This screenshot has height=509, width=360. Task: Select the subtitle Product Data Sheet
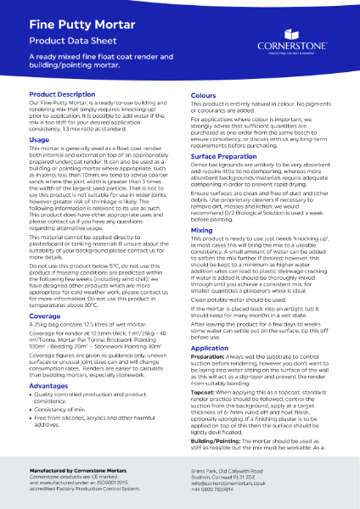[72, 40]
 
